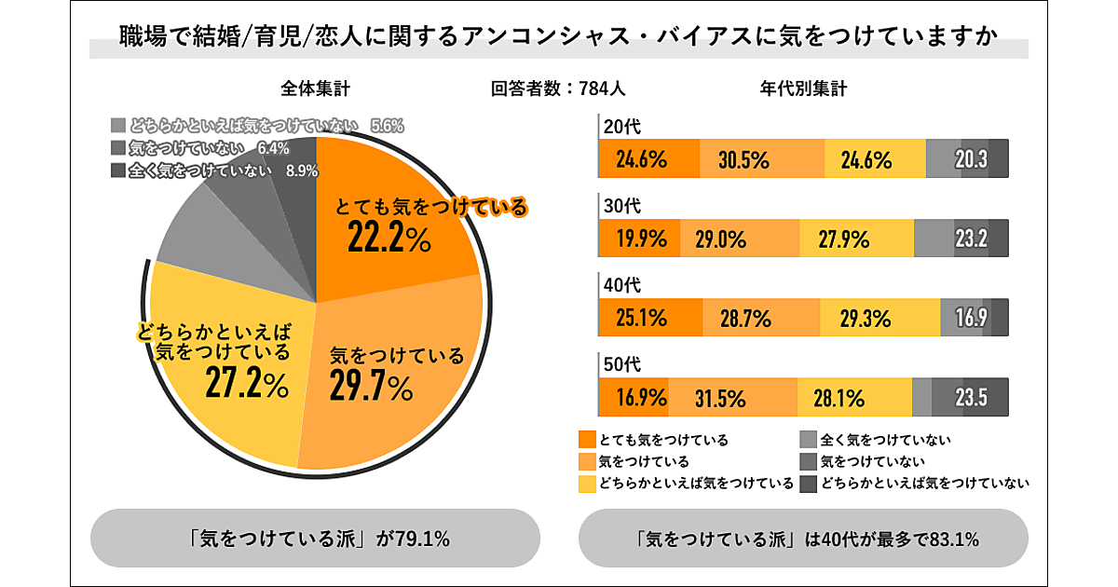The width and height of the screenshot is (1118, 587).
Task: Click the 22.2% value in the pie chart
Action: coord(389,239)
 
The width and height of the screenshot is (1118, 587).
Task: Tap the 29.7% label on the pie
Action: coord(370,386)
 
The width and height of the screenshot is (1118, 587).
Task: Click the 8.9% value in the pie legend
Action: coord(304,171)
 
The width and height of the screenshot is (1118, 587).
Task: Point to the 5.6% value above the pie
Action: coord(387,126)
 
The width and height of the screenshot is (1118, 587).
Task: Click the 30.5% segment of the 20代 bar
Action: coord(743,159)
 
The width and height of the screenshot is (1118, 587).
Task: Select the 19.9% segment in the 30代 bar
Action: coord(641,239)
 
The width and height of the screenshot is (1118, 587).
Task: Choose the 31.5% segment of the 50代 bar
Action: coord(719,399)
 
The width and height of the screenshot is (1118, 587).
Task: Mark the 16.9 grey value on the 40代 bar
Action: coord(970,319)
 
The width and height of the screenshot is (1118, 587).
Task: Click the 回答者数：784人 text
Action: coord(558,89)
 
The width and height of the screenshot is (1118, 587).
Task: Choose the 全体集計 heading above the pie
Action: coord(316,89)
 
